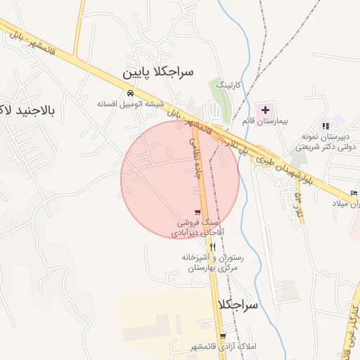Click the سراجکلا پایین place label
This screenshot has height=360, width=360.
tap(158, 72)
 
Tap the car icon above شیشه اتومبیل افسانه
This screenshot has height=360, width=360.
tap(130, 93)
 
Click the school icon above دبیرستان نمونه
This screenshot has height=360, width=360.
tap(326, 125)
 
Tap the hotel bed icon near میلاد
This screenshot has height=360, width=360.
tap(353, 193)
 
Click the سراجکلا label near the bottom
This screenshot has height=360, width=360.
tap(239, 305)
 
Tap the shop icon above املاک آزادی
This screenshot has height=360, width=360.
tap(223, 337)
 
